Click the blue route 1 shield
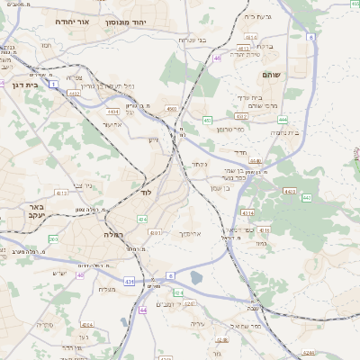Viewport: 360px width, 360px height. click(x=54, y=84)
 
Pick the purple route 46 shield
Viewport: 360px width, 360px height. click(x=216, y=58)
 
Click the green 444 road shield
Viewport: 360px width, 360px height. click(x=283, y=118)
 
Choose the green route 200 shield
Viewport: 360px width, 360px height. click(x=54, y=239)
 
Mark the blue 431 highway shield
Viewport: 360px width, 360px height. click(x=129, y=282)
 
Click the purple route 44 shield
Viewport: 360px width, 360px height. click(x=142, y=310)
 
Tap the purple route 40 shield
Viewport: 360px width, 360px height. click(x=79, y=275)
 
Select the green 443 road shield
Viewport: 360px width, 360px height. click(x=306, y=197)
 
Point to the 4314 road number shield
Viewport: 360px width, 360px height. click(x=249, y=212)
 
